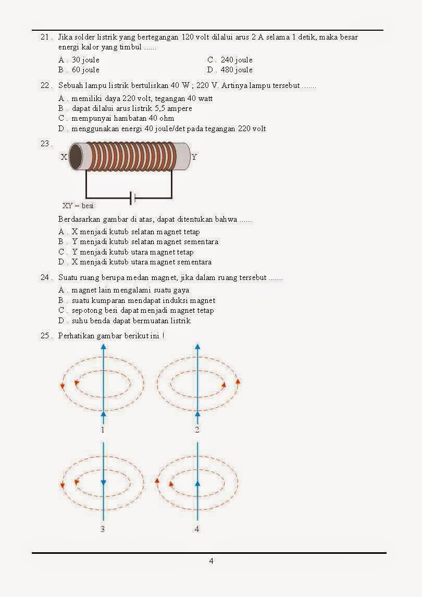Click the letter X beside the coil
click(x=64, y=157)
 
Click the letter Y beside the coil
click(x=194, y=157)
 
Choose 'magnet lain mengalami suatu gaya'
click(x=130, y=290)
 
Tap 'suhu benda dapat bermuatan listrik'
click(x=131, y=321)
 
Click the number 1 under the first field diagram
click(x=103, y=430)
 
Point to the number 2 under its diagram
click(x=197, y=430)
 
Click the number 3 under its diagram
click(x=103, y=529)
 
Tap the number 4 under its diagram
click(x=197, y=529)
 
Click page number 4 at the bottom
click(x=211, y=561)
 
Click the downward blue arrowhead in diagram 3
click(x=103, y=481)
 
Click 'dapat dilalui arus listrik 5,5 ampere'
click(x=132, y=108)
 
